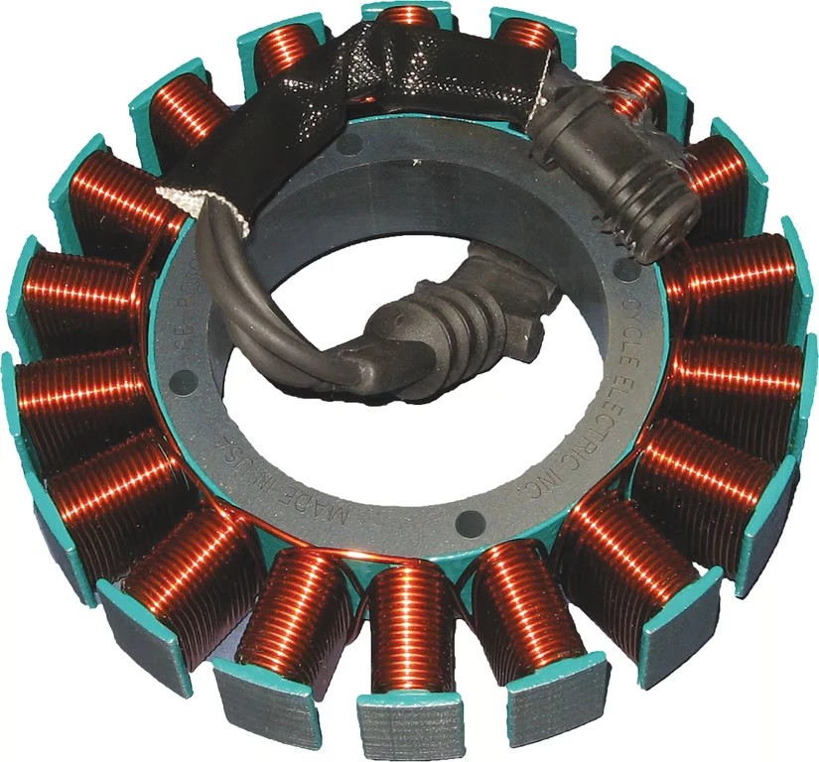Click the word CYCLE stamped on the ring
tap(631, 312)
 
